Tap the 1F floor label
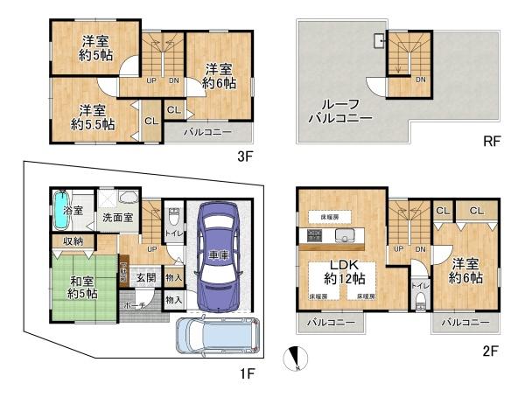[247, 375]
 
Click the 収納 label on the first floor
[72, 240]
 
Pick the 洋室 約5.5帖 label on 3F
[94, 117]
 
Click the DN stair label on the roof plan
[420, 80]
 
